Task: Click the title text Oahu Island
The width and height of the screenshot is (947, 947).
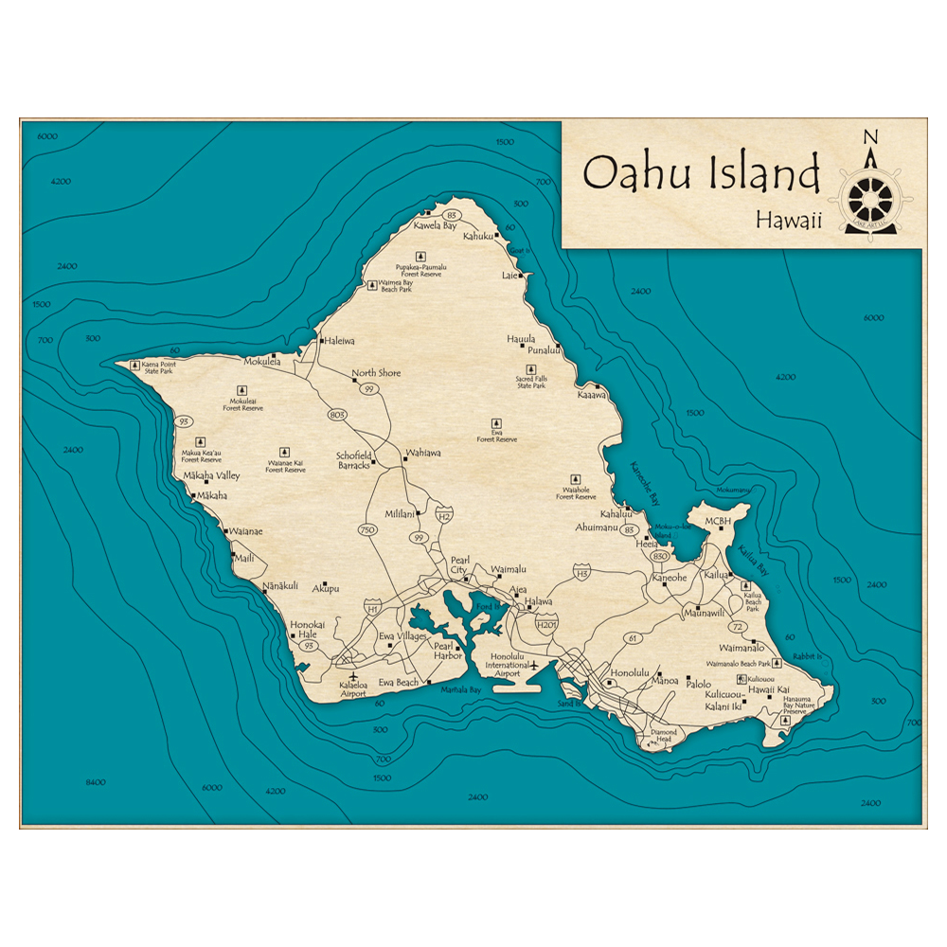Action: (x=701, y=173)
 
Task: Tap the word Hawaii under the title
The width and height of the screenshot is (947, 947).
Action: (x=788, y=220)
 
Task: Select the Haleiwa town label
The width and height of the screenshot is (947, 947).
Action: (x=339, y=341)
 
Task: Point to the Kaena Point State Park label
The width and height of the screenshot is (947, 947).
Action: (x=158, y=367)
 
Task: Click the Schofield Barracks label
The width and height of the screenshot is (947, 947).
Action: (x=353, y=460)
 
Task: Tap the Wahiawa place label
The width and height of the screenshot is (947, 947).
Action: (x=423, y=453)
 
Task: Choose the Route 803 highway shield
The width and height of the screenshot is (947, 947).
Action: (x=336, y=415)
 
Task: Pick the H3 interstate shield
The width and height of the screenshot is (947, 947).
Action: (x=581, y=572)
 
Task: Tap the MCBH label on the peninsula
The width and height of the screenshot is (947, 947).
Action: (x=718, y=520)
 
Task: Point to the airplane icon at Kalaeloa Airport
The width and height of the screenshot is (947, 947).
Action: (x=353, y=677)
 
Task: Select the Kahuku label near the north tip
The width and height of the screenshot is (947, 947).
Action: (x=479, y=237)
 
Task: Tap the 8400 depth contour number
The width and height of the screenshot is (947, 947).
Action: (x=95, y=782)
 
